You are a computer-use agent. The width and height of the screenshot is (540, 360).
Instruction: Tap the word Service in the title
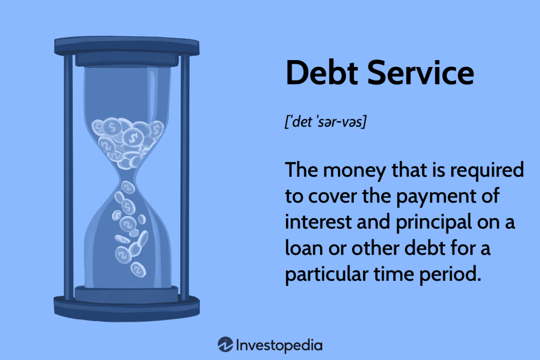[422, 73]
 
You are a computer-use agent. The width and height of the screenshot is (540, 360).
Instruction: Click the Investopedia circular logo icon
[225, 345]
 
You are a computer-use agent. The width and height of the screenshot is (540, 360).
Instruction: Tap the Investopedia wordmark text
[279, 346]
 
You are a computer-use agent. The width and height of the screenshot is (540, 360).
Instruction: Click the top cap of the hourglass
[127, 45]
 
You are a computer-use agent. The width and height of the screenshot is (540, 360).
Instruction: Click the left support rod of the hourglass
[68, 174]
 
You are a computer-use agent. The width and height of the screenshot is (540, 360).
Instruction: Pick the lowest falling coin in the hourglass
[138, 270]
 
